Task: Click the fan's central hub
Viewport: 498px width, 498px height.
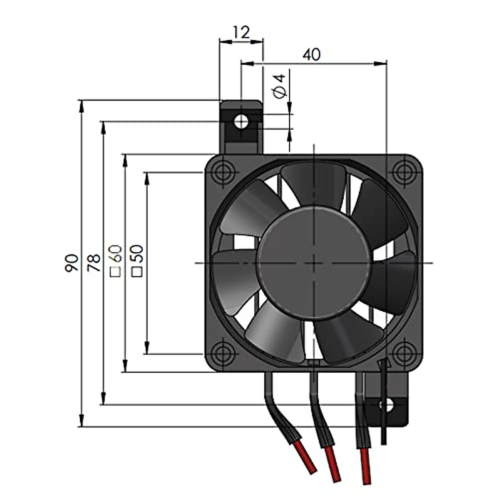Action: tap(314, 263)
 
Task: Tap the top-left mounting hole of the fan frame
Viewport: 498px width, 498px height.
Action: tap(223, 171)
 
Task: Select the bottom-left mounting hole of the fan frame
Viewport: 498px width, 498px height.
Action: tap(223, 354)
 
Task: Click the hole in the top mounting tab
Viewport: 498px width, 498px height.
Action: tap(241, 122)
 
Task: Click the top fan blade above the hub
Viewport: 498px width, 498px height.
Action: tap(313, 183)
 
